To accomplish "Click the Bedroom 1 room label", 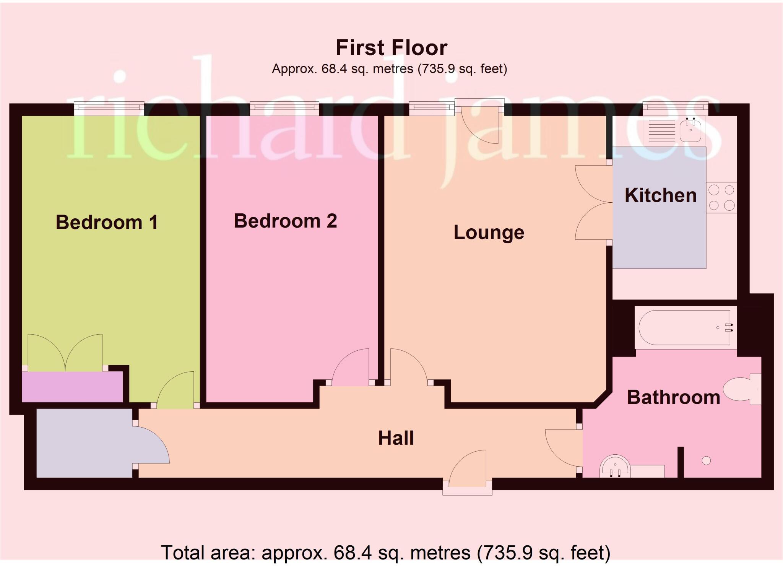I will pos(107,222).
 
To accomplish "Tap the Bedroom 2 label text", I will pos(285,221).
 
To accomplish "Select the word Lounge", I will pos(489,232).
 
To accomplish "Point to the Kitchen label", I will pos(660,195).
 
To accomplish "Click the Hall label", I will pos(396,438).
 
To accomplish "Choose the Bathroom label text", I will pos(673,397).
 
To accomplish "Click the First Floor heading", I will pos(391,48).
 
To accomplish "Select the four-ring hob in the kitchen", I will pos(721,197).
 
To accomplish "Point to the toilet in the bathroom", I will pos(742,389).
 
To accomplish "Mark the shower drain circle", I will pos(706,461).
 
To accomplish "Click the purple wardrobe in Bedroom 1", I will pos(72,387).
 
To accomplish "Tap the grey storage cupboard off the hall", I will pos(84,443).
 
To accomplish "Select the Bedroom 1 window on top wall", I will pos(109,109).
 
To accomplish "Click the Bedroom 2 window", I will pos(284,109).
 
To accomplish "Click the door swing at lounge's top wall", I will pos(480,124).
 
